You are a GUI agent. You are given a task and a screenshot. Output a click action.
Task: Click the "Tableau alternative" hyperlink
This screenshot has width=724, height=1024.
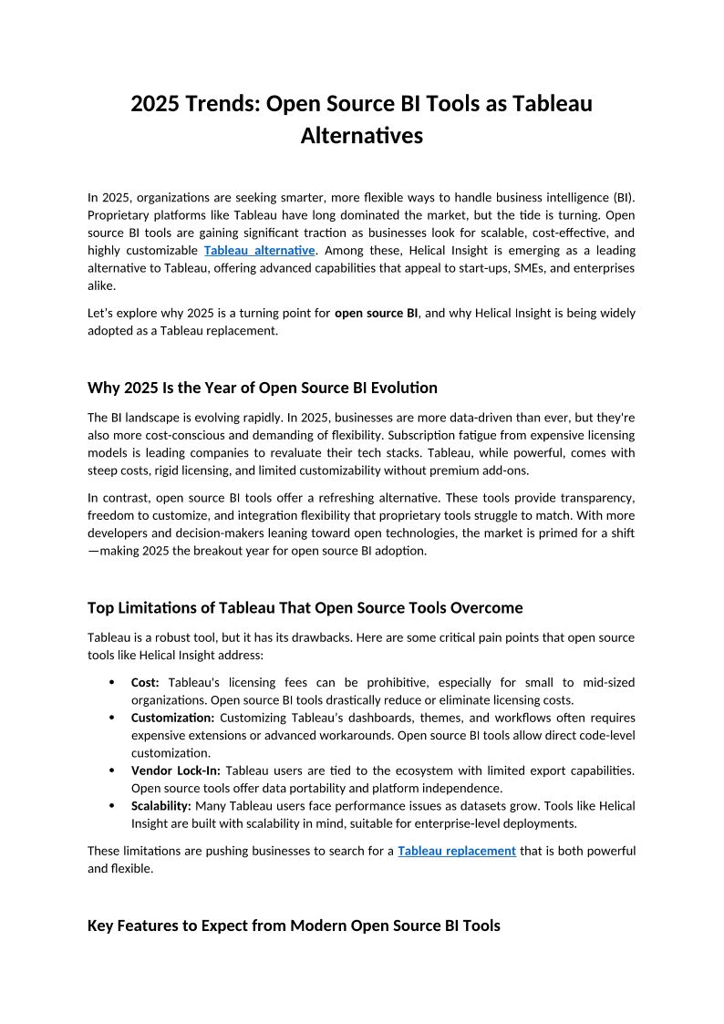[260, 250]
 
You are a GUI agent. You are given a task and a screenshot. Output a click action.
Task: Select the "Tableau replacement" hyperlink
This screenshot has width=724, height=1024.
[457, 851]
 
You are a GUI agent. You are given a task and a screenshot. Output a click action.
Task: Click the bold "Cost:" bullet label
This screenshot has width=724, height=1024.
[146, 682]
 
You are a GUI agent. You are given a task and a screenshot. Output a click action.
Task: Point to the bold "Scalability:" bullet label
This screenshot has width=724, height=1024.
[161, 806]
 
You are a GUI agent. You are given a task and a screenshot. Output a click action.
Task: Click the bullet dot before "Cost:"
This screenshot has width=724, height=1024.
[111, 683]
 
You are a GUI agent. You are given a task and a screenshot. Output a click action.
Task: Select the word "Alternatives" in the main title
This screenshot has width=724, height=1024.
[362, 136]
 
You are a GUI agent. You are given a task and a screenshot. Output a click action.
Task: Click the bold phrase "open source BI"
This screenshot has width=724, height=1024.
[376, 313]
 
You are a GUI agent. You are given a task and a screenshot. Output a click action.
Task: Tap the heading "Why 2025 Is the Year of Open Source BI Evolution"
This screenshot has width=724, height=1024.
[263, 388]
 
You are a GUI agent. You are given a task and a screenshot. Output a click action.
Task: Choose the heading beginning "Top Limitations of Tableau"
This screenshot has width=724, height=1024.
[305, 607]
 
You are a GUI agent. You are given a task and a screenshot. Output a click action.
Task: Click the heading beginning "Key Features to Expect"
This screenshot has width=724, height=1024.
[294, 926]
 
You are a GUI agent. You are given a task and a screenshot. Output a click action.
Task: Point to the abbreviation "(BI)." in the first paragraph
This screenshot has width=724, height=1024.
[619, 197]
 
